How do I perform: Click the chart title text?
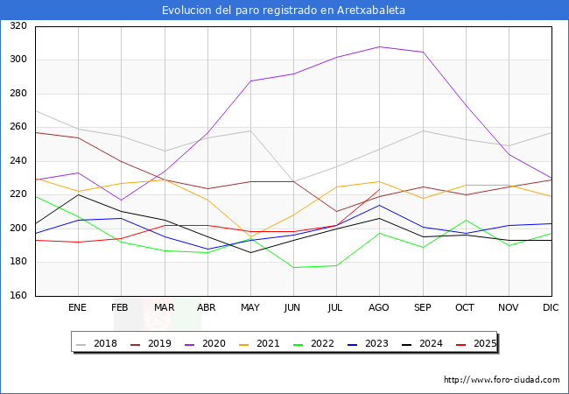(284, 11)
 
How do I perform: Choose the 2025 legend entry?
(483, 343)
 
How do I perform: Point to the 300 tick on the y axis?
(18, 60)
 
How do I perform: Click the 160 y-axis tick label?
(18, 296)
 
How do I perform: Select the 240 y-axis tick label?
(18, 161)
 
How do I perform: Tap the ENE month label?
(78, 308)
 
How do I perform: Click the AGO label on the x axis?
(379, 308)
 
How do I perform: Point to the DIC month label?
(551, 308)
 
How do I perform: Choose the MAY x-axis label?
(250, 308)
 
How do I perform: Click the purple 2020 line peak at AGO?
(379, 46)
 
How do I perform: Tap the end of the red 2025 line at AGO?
(379, 189)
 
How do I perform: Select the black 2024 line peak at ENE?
(78, 194)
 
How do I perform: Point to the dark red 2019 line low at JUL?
(336, 212)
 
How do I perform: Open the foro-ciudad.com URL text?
(502, 380)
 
